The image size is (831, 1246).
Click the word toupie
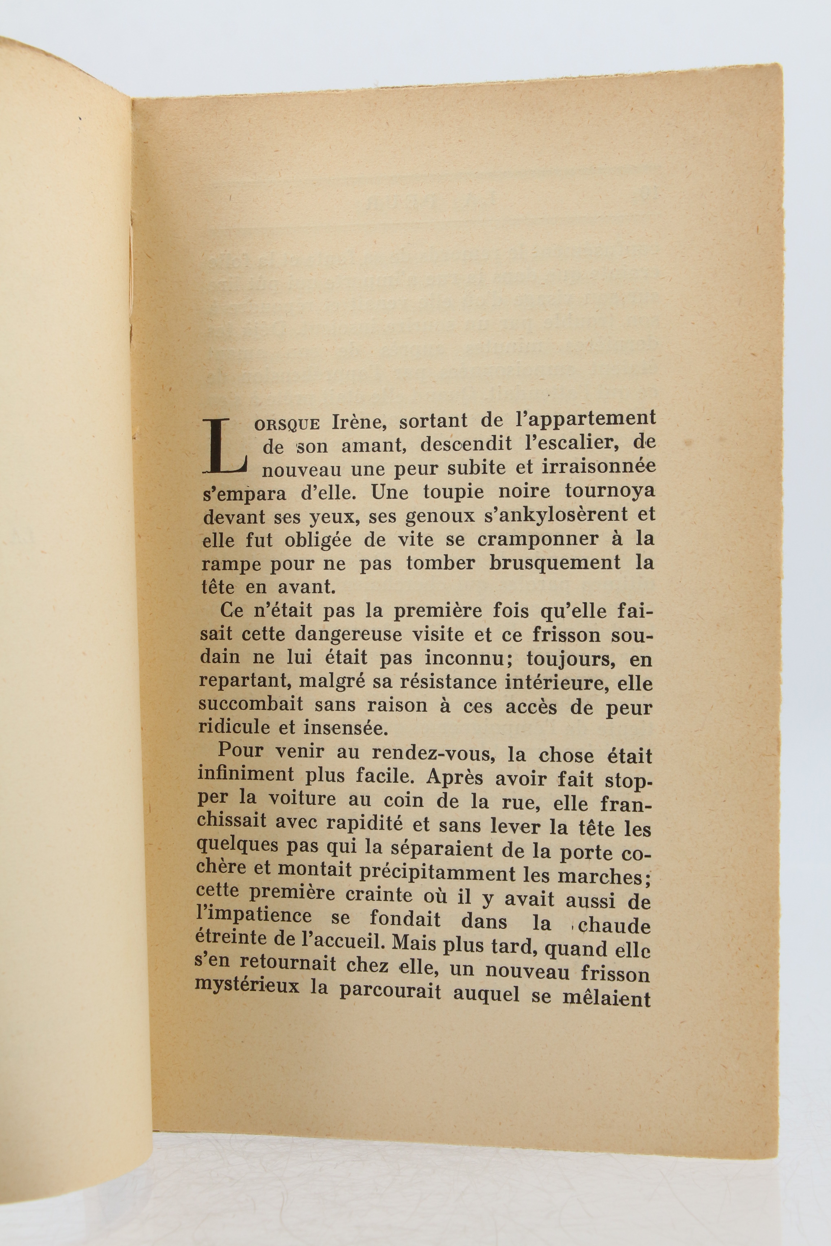(x=453, y=492)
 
